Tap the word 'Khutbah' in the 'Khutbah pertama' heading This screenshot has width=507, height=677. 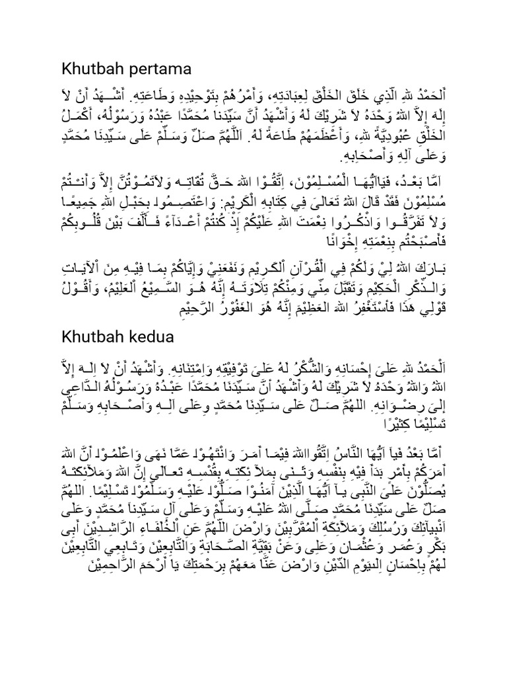86,69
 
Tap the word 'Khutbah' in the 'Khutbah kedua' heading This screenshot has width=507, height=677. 86,337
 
